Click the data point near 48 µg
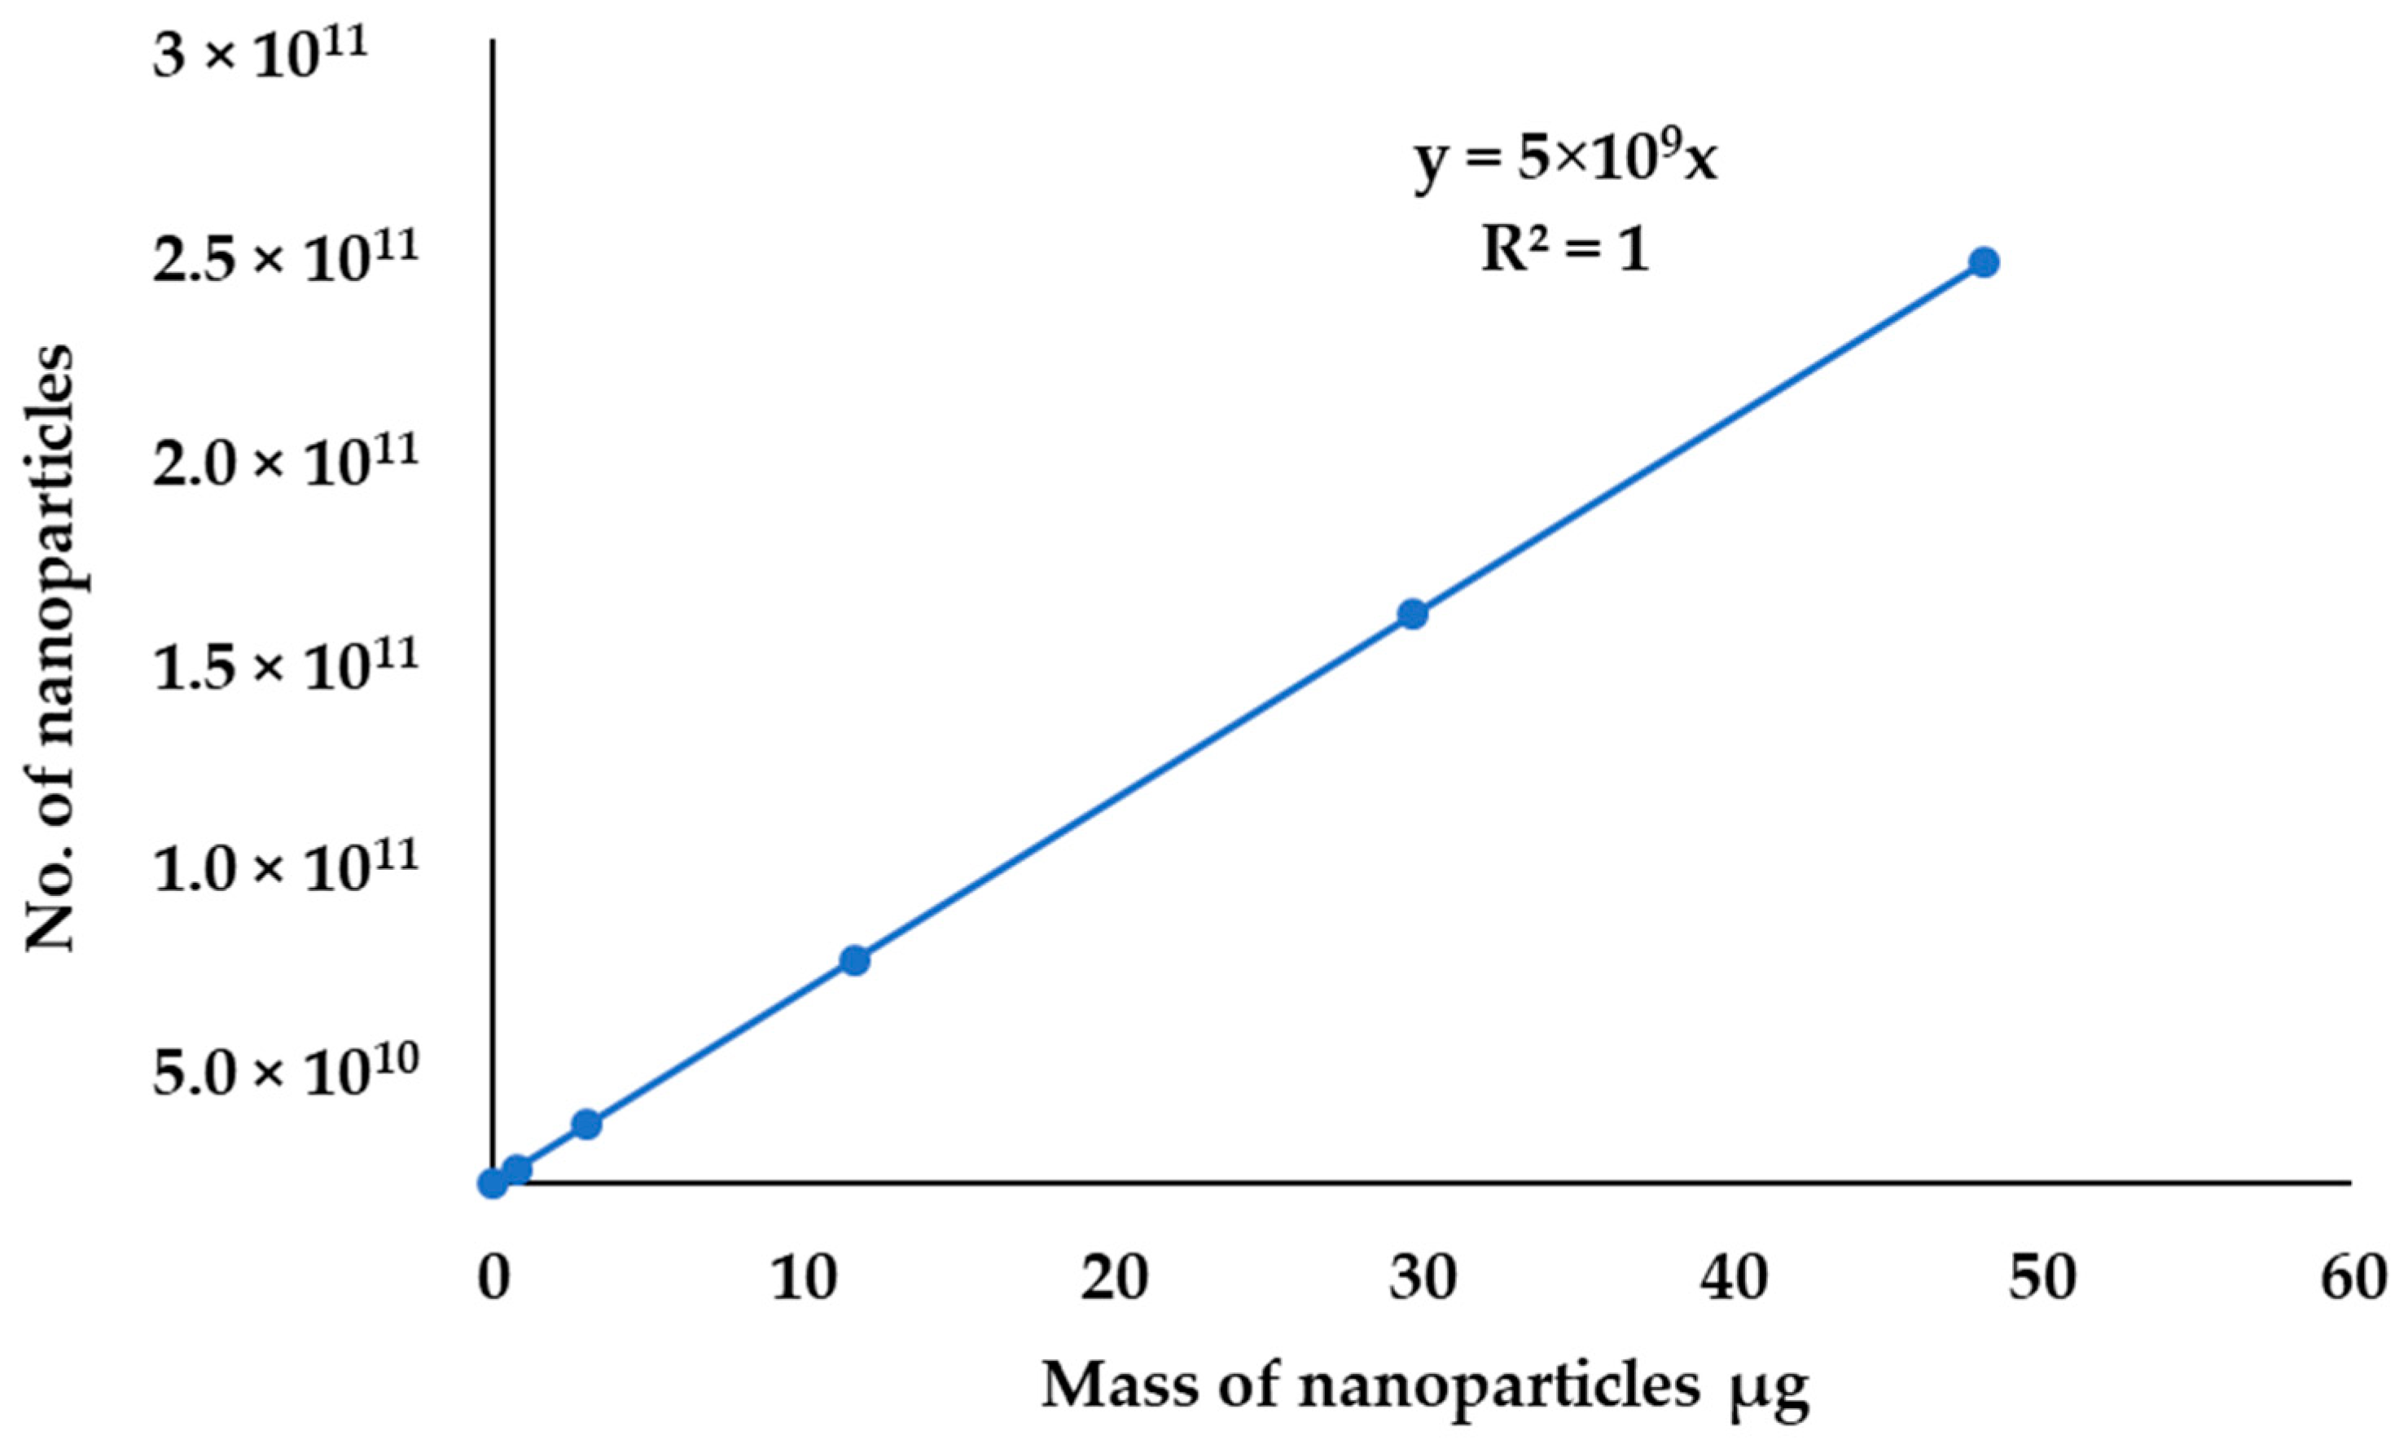pyautogui.click(x=1984, y=262)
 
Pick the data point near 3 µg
pyautogui.click(x=587, y=1125)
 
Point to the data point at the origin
pyautogui.click(x=493, y=1183)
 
